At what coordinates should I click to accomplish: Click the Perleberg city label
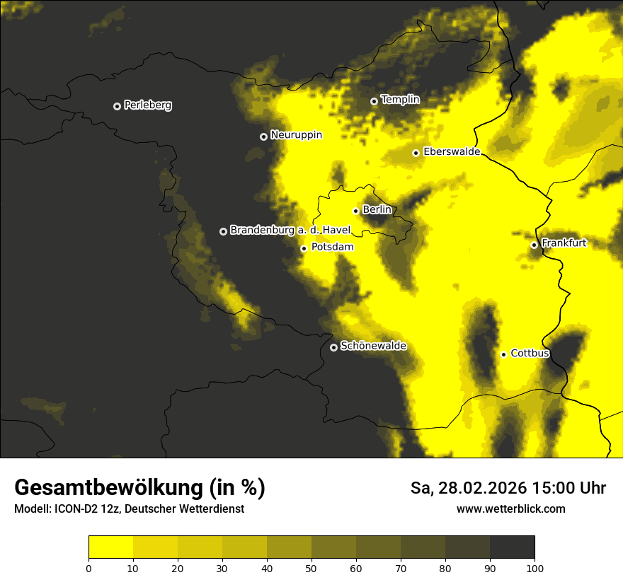click(147, 105)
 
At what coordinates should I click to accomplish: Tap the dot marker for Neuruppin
click(263, 136)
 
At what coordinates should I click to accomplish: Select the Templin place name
click(400, 100)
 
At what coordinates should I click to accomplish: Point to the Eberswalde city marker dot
click(416, 153)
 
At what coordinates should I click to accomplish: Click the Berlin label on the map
click(377, 209)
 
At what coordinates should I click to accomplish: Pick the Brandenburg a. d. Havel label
click(290, 230)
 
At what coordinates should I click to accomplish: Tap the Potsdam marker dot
click(304, 248)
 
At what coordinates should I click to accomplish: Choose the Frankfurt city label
click(564, 243)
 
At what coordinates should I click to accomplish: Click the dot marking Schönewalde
click(333, 347)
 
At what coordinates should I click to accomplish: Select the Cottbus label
click(530, 353)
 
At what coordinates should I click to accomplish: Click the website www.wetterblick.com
click(511, 508)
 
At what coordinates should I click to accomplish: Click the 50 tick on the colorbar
click(311, 567)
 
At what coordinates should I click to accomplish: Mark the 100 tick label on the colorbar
click(535, 567)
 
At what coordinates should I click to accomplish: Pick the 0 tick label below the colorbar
click(88, 567)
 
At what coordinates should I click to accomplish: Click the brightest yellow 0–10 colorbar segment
click(111, 547)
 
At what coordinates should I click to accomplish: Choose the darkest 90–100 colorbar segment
click(512, 547)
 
